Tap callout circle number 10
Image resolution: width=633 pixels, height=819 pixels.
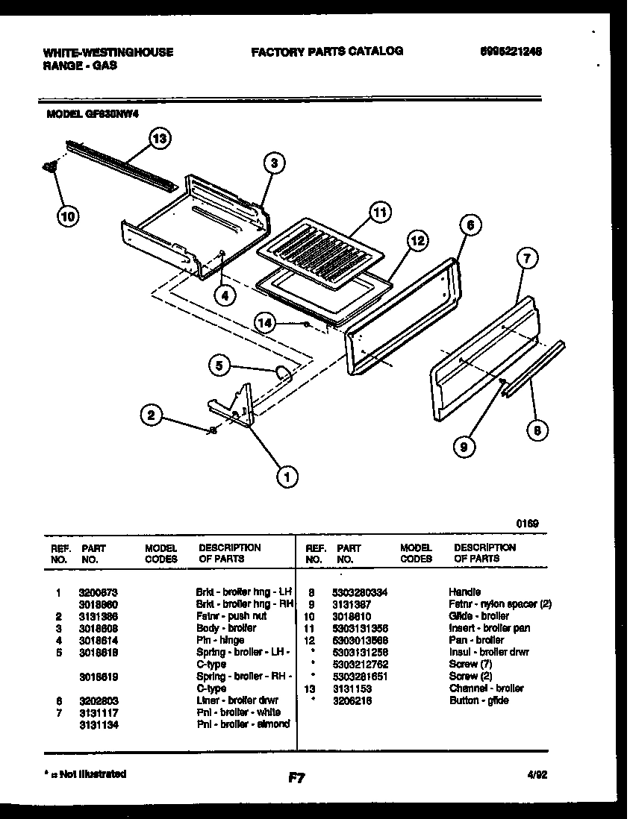coord(68,216)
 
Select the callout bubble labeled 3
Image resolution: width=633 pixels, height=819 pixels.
coord(274,163)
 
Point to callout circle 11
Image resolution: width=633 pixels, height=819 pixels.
coord(380,213)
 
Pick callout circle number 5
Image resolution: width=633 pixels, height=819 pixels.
coord(219,365)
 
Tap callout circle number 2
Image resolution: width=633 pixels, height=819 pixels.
coord(152,415)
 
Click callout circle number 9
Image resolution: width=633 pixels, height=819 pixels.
coord(464,446)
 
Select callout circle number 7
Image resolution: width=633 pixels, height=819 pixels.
coord(527,259)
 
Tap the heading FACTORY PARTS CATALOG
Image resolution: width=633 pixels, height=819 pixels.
coord(327,51)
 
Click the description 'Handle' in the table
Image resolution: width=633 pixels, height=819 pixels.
coord(464,591)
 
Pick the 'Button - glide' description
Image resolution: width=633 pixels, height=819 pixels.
coord(478,700)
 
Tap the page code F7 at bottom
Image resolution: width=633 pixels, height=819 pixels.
coord(296,778)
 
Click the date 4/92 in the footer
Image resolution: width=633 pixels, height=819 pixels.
coord(537,775)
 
